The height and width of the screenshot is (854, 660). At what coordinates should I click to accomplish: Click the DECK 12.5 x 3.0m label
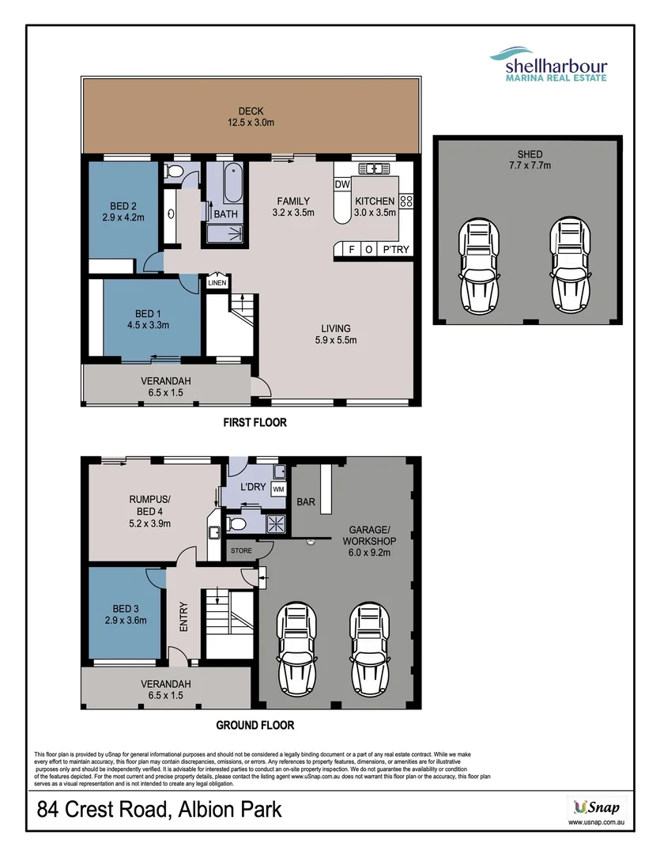251,117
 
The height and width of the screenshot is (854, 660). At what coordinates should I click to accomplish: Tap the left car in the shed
477,266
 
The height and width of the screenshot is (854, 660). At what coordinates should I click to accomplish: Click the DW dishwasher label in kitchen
342,185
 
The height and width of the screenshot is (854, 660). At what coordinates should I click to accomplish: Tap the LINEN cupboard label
217,282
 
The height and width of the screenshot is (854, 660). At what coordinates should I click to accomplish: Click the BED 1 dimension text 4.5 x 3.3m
147,324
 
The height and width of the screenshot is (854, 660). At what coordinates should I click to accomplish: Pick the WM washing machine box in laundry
277,490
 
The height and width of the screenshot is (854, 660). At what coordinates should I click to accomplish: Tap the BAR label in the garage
305,501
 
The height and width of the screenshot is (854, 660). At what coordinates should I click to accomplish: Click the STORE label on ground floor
240,550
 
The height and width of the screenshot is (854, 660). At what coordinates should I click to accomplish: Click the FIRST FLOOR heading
255,423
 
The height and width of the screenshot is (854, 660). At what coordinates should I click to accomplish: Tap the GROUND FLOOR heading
255,724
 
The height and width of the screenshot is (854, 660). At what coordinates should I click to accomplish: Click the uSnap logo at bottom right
598,807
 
